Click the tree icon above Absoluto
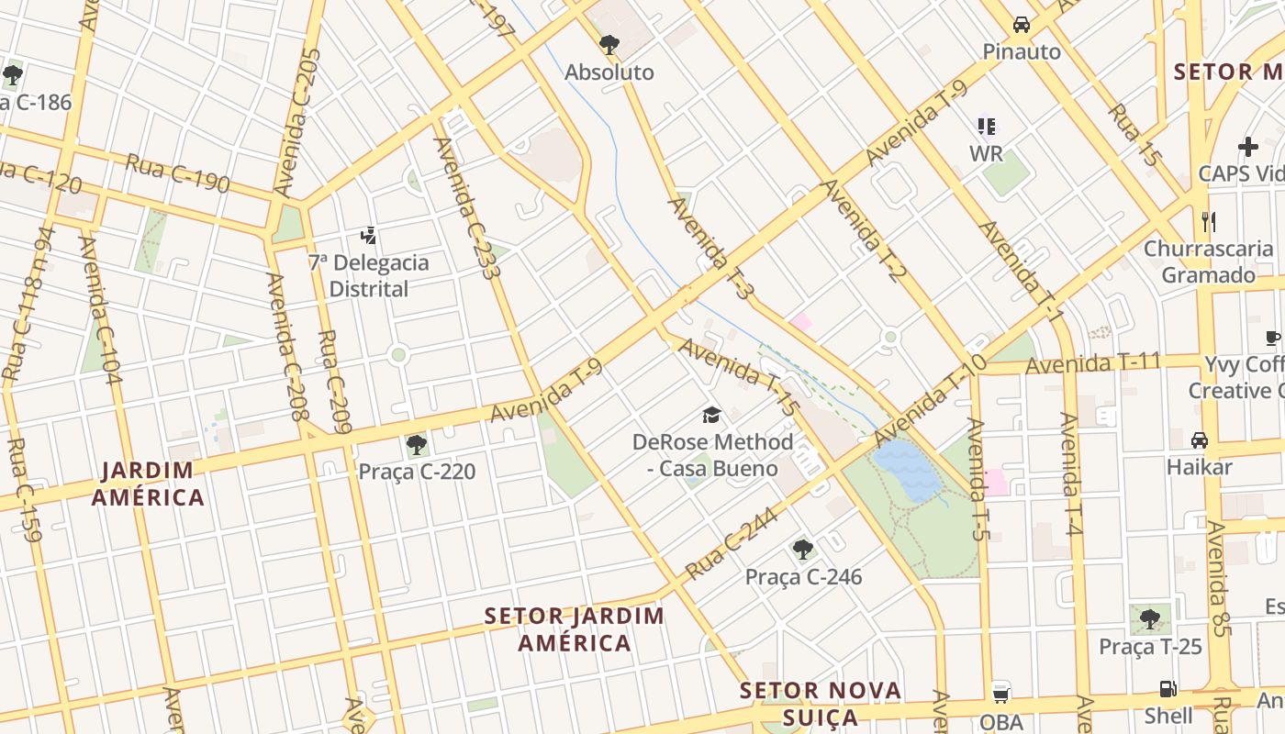click(609, 44)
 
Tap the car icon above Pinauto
click(1021, 25)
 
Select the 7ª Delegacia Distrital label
click(368, 275)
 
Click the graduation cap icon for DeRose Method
click(711, 416)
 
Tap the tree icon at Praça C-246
click(803, 550)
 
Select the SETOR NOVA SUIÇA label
click(821, 703)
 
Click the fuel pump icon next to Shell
click(1168, 689)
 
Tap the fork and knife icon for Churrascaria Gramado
click(1208, 221)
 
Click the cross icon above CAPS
click(1247, 147)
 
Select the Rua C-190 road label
click(177, 172)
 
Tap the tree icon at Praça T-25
click(1149, 619)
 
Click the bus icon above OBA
click(1000, 694)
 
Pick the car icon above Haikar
click(1199, 440)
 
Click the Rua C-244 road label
click(731, 543)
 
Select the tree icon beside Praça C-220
click(416, 446)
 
